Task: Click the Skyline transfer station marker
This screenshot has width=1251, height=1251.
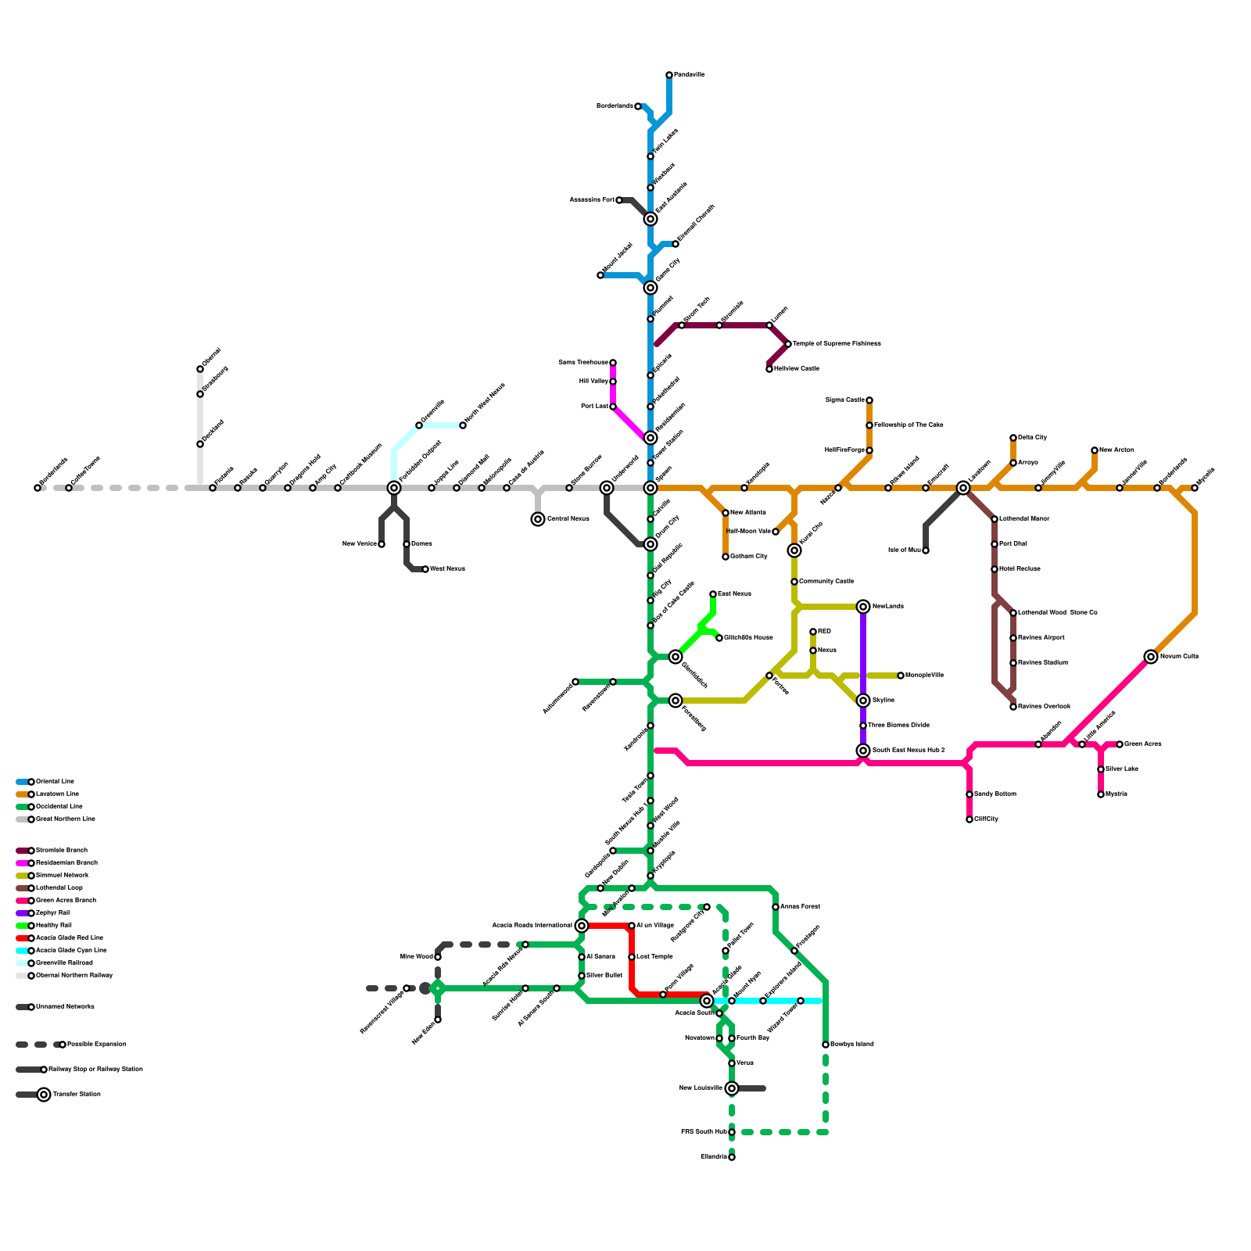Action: tap(863, 701)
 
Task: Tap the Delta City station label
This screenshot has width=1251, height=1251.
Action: tap(1032, 438)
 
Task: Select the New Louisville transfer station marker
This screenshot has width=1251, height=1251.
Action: tap(732, 1088)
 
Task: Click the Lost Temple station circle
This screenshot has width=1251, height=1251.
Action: tap(632, 957)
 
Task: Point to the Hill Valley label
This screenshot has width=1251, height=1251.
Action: tap(593, 382)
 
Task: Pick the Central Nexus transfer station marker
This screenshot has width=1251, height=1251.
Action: tap(538, 519)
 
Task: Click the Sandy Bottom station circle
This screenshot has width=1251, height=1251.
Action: tap(970, 794)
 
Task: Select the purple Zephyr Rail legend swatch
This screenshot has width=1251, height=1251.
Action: tap(23, 913)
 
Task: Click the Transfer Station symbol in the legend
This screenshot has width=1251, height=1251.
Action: tap(44, 1095)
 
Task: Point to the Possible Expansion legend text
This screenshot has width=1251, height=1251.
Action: tap(96, 1045)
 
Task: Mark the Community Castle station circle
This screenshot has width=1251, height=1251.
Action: tap(794, 582)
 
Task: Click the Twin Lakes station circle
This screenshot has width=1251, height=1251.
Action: tap(651, 156)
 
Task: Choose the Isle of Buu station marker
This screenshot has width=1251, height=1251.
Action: tap(926, 550)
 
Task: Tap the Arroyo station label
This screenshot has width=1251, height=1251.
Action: tap(1028, 463)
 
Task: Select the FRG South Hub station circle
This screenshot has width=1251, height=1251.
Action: tap(732, 1132)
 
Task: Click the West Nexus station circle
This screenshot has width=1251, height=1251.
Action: tap(425, 569)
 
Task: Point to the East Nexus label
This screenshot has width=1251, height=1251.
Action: tap(734, 594)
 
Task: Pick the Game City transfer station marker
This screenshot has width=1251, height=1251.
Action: tap(651, 288)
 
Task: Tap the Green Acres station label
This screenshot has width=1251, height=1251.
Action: tap(1142, 744)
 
